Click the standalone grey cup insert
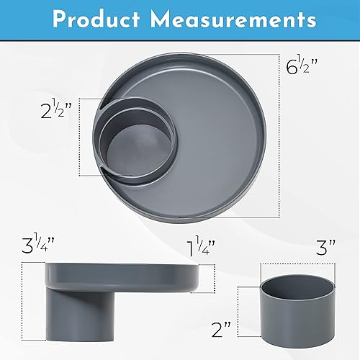click(298, 305)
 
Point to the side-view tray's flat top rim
click(122, 267)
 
